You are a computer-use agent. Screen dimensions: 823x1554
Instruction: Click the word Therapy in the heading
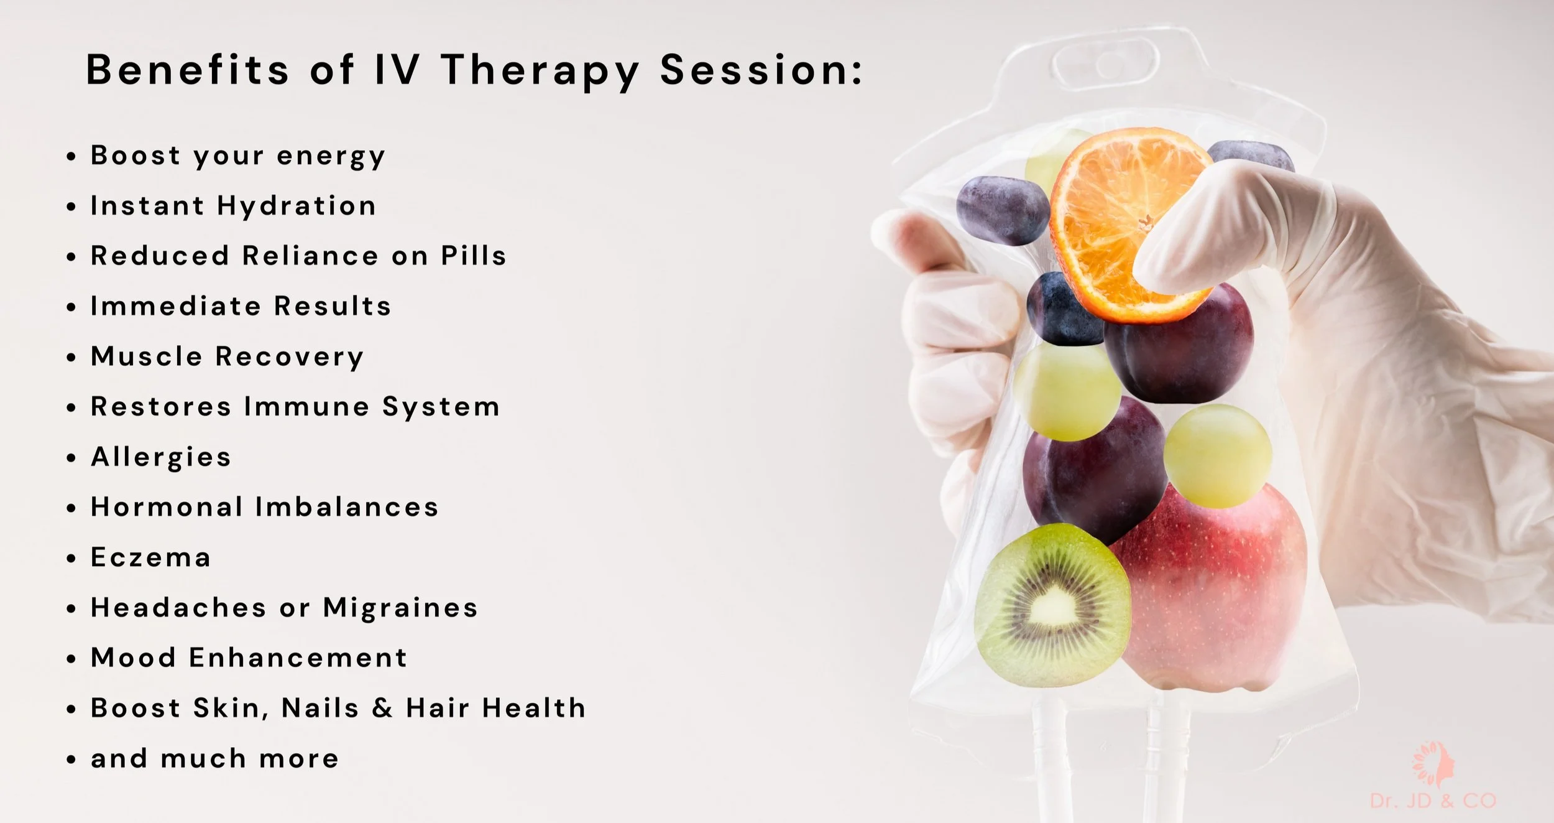click(x=540, y=70)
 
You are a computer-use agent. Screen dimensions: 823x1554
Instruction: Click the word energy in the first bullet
click(x=331, y=156)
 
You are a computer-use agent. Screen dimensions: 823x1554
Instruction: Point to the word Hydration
click(x=297, y=206)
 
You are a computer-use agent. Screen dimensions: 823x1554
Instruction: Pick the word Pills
click(x=474, y=256)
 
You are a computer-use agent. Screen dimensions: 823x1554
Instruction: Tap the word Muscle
click(x=147, y=356)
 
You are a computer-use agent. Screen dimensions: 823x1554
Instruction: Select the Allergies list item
click(x=161, y=457)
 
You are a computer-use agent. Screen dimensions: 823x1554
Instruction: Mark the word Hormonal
click(x=167, y=507)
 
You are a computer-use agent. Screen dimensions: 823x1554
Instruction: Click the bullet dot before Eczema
click(x=71, y=559)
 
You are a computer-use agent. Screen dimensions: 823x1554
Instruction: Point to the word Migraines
click(x=400, y=608)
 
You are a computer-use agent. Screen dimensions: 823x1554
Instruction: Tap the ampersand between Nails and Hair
click(x=382, y=708)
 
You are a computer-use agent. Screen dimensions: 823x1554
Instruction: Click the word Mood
click(x=133, y=658)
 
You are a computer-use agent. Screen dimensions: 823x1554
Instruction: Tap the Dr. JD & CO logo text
click(x=1433, y=801)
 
